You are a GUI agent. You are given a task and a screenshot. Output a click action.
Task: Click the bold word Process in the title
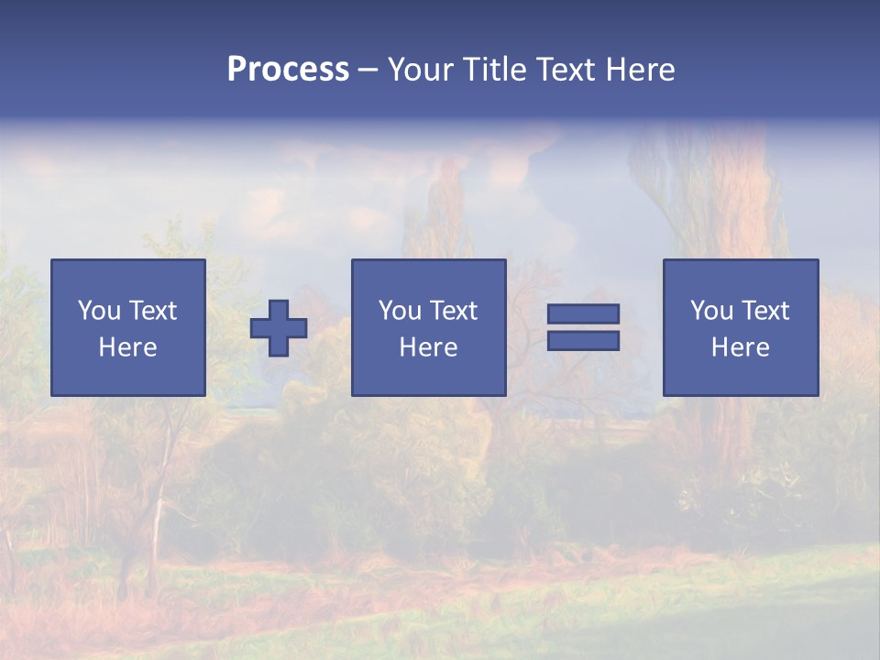click(x=288, y=70)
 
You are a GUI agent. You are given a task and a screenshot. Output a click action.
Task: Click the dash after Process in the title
click(x=368, y=70)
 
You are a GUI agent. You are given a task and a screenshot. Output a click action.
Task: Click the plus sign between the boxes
click(x=279, y=328)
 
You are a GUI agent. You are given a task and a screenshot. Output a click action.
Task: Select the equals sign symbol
click(x=583, y=327)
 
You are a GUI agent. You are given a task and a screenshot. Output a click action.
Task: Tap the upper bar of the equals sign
click(x=583, y=314)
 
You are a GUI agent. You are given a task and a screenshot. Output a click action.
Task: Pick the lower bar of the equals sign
click(x=583, y=340)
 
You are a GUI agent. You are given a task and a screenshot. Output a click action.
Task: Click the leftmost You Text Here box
click(x=128, y=327)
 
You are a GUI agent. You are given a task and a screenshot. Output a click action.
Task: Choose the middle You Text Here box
click(x=428, y=327)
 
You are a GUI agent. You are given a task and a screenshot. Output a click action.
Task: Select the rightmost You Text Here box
click(x=740, y=327)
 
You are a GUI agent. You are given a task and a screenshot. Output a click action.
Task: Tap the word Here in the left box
click(x=128, y=347)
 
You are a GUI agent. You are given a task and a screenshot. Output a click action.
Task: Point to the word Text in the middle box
click(x=454, y=311)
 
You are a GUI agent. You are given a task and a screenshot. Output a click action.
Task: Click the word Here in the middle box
click(x=428, y=347)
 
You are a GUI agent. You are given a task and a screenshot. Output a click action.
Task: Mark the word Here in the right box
click(x=740, y=347)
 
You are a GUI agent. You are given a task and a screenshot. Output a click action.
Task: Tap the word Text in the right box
click(x=765, y=311)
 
